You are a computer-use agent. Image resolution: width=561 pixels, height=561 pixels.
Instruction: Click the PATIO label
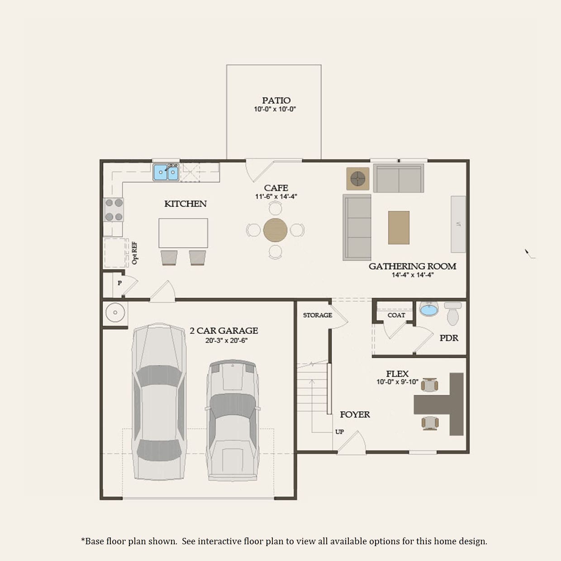tap(276, 100)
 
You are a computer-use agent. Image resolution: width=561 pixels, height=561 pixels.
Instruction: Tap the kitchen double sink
tap(166, 172)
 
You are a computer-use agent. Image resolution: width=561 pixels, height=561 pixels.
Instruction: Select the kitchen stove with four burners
tap(114, 210)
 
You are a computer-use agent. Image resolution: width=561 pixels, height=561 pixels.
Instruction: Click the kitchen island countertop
tap(183, 233)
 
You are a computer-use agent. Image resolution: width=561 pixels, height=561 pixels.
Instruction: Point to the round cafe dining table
tap(275, 230)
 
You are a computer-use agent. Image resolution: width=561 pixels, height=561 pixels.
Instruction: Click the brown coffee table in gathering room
tap(399, 228)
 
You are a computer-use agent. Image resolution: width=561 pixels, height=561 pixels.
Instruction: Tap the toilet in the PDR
tap(452, 314)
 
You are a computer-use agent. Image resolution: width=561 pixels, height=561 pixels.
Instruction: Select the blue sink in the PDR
tap(428, 310)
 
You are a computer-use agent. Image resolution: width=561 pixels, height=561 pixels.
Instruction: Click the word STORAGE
tap(317, 315)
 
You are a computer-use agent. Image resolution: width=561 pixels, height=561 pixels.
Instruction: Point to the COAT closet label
tap(396, 315)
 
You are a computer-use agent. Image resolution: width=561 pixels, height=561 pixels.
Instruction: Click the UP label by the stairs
tap(339, 432)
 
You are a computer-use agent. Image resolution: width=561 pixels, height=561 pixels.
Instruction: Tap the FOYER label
tap(355, 414)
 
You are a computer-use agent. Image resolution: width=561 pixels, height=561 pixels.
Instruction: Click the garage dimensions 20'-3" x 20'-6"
tap(226, 341)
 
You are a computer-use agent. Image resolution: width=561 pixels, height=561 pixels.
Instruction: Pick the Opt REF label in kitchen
tap(134, 253)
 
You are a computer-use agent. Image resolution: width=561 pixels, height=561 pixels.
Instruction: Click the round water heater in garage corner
tap(115, 313)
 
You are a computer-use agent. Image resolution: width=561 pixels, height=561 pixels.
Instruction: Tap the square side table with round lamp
tap(357, 179)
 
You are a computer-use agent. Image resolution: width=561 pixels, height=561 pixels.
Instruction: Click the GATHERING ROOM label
tap(412, 266)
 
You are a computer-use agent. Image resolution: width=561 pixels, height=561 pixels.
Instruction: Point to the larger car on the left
tap(159, 403)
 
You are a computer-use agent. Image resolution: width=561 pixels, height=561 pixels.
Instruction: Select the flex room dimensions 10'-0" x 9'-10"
tap(397, 382)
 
